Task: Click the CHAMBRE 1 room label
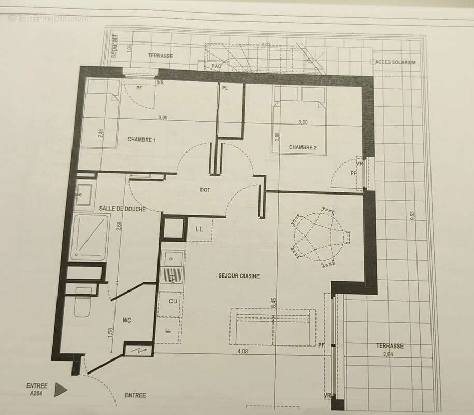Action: [141, 140]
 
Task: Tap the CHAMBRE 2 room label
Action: [303, 147]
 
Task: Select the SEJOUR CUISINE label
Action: [239, 276]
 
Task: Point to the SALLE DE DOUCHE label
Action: [122, 209]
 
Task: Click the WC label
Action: [127, 320]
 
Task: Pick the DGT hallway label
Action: [205, 190]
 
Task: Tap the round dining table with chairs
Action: [319, 237]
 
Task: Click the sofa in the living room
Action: [273, 327]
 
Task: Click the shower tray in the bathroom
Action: [91, 236]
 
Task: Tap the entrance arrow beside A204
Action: [61, 389]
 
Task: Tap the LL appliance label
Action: [199, 229]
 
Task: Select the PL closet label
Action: [225, 88]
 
